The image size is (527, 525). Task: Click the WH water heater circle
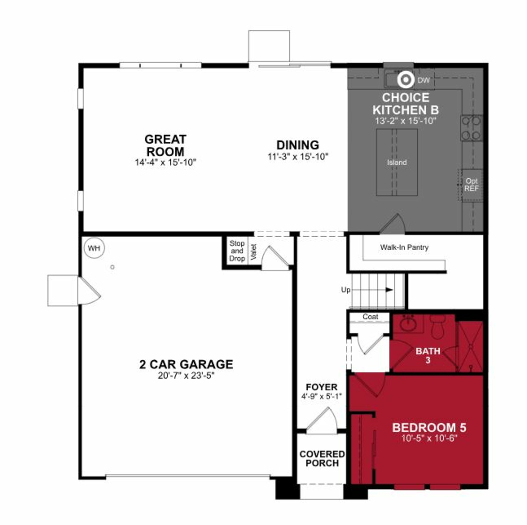[x=94, y=248]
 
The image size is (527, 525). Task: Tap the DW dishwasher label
[x=424, y=80]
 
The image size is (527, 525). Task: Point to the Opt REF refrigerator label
[x=471, y=185]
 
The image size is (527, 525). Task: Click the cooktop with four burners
[x=471, y=128]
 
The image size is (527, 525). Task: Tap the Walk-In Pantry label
[x=404, y=247]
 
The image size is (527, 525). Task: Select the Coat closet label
[x=370, y=317]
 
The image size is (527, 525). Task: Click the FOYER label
[x=321, y=387]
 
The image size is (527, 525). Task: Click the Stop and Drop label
[x=237, y=251]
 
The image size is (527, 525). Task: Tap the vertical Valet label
[x=253, y=252]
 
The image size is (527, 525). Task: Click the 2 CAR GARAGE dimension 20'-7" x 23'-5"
[x=186, y=376]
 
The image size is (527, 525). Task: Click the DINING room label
[x=298, y=145]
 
